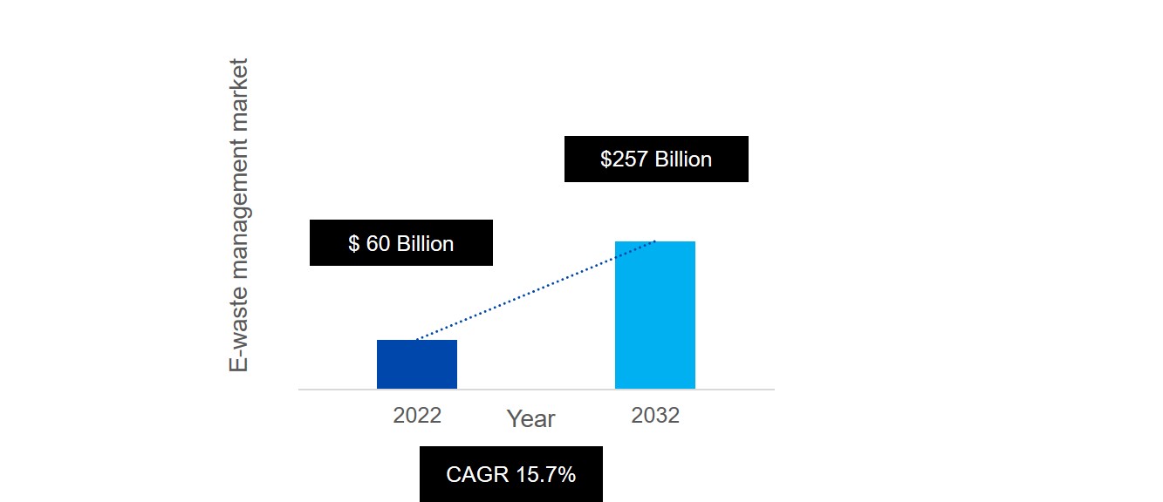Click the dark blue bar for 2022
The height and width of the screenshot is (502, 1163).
coord(416,364)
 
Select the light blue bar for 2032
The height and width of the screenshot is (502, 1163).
coord(654,315)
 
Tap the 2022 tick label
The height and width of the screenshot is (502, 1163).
coord(417,415)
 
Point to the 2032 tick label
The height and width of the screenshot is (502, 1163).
coord(655,415)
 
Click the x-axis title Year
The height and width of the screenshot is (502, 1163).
coord(530,419)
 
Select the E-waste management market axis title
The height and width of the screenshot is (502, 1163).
coord(238,215)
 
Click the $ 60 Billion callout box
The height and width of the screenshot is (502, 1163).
coord(400,242)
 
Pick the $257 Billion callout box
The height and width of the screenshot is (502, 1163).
coord(656,159)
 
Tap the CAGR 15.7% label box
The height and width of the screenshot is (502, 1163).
coord(510,474)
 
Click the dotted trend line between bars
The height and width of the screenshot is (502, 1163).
coord(536,290)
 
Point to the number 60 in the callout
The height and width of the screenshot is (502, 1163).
coord(378,243)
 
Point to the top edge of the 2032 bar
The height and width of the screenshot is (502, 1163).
coord(654,242)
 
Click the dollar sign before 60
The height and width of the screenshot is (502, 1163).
coord(353,243)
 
